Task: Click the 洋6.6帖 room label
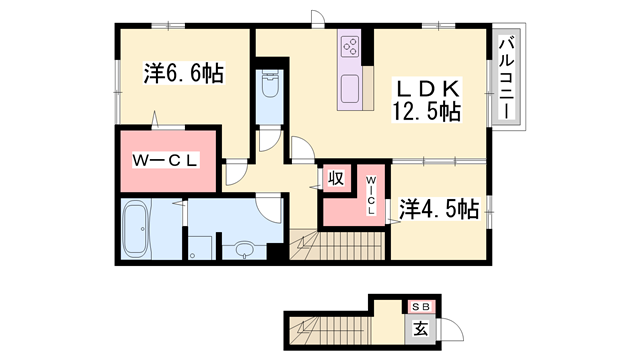point(183,73)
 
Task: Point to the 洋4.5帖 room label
point(439,209)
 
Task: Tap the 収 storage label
point(337,179)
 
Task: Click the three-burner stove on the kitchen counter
point(351,45)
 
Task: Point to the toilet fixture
point(268,91)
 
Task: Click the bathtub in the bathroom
point(134,229)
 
